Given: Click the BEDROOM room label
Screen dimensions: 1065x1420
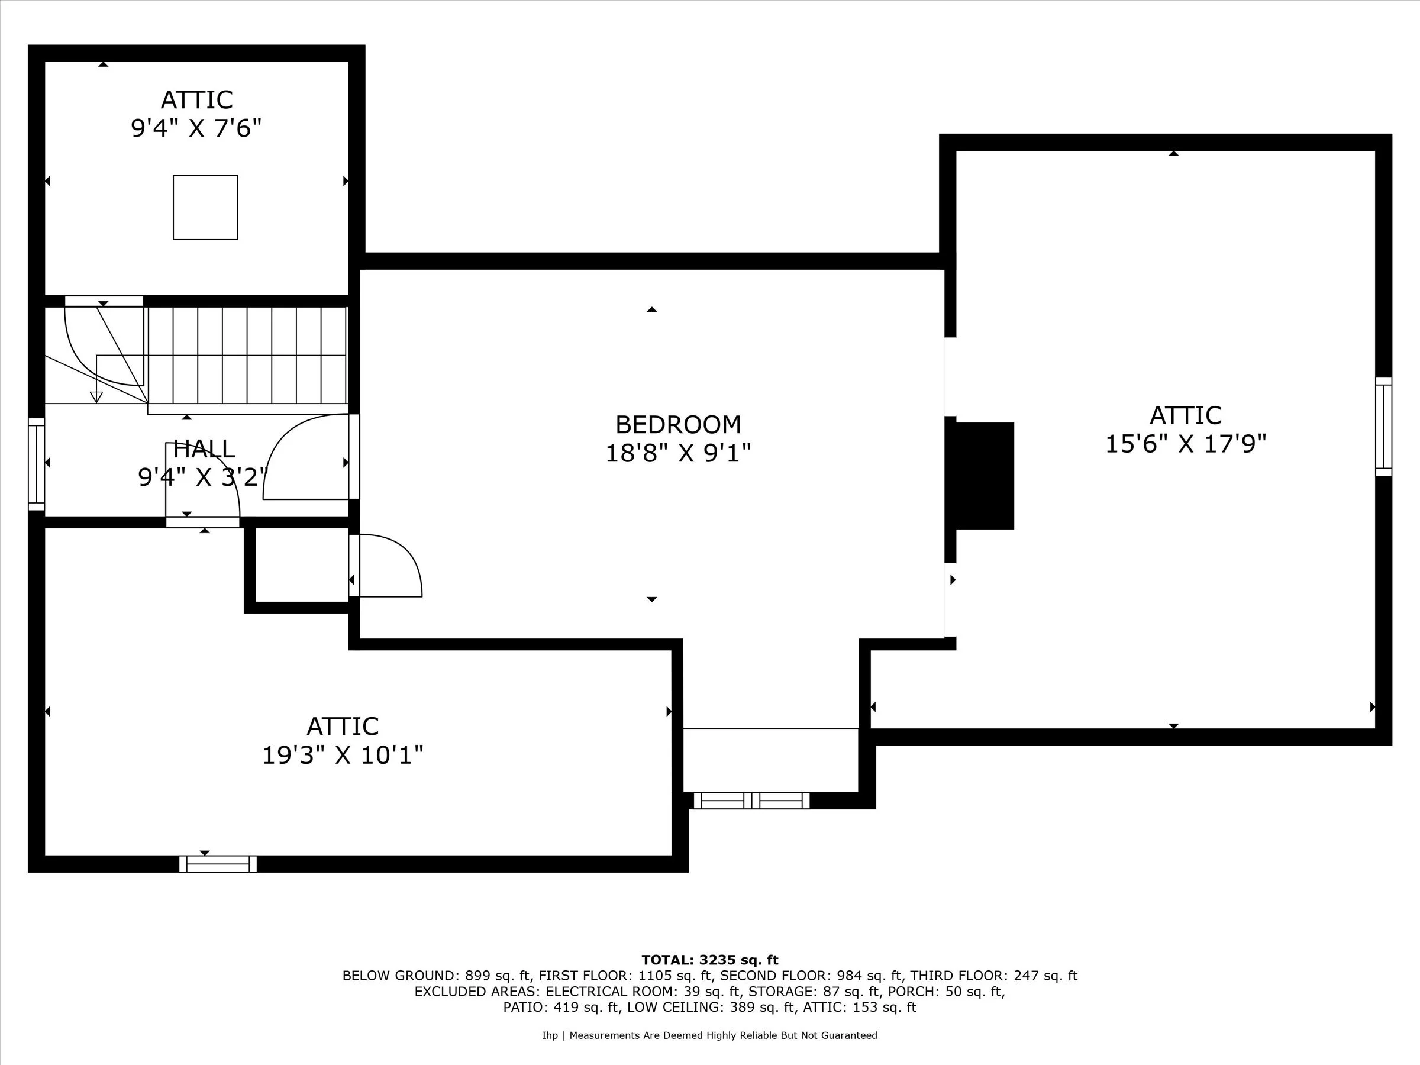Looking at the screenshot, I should pos(678,425).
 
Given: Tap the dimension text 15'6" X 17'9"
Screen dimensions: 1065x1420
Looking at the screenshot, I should pos(1185,444).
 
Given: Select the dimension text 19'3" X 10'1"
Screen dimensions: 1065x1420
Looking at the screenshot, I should pos(342,755).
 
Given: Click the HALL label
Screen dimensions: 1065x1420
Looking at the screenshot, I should pos(204,448).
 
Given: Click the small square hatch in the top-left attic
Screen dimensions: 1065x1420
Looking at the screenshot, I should pos(205,207).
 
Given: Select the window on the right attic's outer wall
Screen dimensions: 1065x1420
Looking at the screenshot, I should pos(1383,427).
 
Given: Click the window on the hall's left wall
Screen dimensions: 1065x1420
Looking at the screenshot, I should pos(37,464).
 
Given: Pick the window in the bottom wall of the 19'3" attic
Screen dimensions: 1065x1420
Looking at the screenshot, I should pos(218,864).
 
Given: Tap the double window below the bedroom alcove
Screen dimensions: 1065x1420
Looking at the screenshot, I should pos(751,801).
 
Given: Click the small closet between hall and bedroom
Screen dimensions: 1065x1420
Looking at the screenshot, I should pos(302,565).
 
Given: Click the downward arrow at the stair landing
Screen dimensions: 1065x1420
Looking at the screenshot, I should pos(96,396).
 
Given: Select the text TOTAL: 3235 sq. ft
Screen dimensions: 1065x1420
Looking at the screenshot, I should pos(709,960).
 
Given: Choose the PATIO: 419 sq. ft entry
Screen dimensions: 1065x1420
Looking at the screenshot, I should pos(561,1007).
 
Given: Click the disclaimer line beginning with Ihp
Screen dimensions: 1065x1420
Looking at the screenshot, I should pos(709,1035).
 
